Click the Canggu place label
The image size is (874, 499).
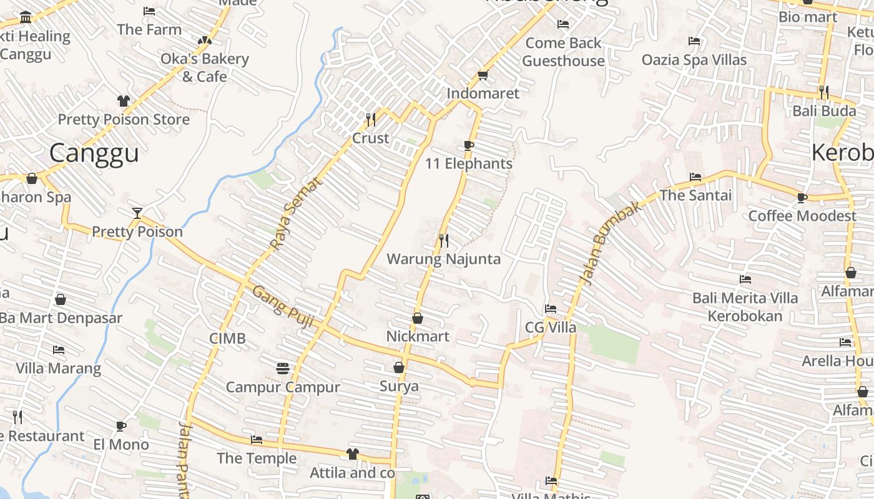pyautogui.click(x=94, y=153)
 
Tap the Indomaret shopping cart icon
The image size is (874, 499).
pyautogui.click(x=482, y=75)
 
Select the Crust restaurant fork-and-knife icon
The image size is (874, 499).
pyautogui.click(x=370, y=119)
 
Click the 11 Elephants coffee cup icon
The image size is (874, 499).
pyautogui.click(x=469, y=145)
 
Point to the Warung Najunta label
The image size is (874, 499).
pyautogui.click(x=444, y=259)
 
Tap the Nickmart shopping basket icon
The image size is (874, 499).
pyautogui.click(x=418, y=318)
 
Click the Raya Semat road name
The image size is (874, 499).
pyautogui.click(x=297, y=213)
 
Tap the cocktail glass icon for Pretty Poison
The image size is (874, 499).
pyautogui.click(x=137, y=213)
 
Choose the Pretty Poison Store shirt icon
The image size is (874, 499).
pyautogui.click(x=123, y=101)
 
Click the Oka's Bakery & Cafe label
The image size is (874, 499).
pyautogui.click(x=205, y=67)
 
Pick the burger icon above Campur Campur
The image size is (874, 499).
pyautogui.click(x=283, y=368)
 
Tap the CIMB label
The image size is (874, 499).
pyautogui.click(x=227, y=339)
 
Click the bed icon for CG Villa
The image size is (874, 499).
pyautogui.click(x=550, y=309)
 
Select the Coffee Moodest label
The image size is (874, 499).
pyautogui.click(x=802, y=216)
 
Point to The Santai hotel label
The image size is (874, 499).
pyautogui.click(x=695, y=195)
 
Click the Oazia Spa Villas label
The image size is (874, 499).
pyautogui.click(x=694, y=60)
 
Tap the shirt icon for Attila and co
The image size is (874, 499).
pyautogui.click(x=353, y=454)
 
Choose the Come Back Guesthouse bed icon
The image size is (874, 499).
pyautogui.click(x=563, y=24)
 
